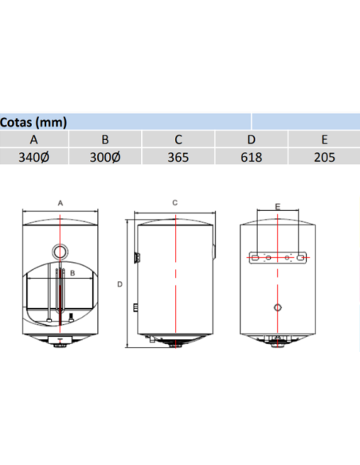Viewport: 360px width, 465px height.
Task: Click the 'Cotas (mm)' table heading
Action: [34, 123]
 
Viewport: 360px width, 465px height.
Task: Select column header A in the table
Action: [34, 139]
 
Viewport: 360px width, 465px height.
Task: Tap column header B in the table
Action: [105, 139]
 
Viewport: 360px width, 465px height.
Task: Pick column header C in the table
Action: [178, 139]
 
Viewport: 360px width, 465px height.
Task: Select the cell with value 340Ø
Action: [34, 157]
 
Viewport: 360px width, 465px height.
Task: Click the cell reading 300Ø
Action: [105, 157]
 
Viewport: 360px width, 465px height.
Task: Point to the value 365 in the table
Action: [178, 157]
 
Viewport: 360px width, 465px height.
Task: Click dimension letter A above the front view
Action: [61, 204]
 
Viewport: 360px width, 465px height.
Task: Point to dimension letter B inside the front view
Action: [72, 273]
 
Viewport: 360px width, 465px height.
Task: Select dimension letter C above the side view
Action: [174, 203]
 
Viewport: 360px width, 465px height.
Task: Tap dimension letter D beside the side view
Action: [119, 283]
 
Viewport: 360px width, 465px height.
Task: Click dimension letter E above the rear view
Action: [276, 206]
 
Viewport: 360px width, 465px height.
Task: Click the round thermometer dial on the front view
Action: [60, 252]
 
